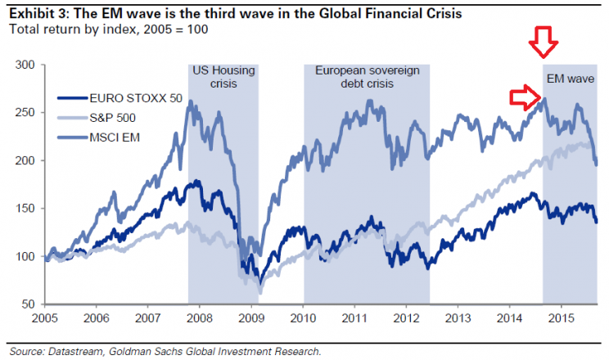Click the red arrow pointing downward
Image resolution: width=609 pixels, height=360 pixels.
(x=543, y=42)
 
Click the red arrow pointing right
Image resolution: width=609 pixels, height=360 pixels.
(x=523, y=98)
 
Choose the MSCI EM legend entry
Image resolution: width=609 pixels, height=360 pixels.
(x=95, y=137)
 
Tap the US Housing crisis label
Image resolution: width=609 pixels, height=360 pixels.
(x=223, y=77)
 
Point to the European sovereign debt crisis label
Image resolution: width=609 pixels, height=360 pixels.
(x=366, y=77)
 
